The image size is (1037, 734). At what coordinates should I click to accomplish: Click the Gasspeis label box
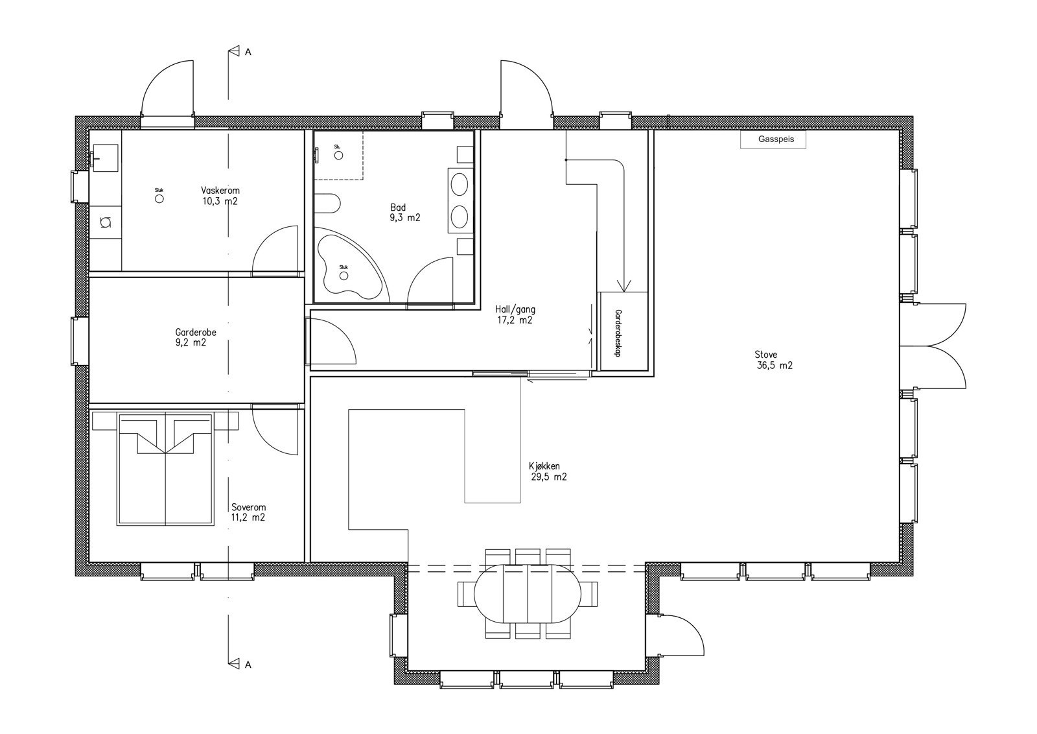coord(773,139)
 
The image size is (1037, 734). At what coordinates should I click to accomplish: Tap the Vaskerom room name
coord(220,191)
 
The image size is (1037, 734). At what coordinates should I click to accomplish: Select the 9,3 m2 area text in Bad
coord(405,218)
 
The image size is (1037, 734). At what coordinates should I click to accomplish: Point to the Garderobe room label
coord(195,333)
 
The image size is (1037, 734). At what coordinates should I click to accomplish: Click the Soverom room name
coord(249,508)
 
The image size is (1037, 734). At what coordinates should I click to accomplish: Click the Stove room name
coord(765,355)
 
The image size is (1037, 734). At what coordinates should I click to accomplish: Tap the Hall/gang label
coord(515,309)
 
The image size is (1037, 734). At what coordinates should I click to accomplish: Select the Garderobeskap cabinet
coord(624,331)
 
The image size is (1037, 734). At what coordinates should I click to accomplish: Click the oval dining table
coord(528,594)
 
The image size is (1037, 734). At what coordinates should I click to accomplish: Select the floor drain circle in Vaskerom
coord(159,198)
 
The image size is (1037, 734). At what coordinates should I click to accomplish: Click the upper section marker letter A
coord(248,53)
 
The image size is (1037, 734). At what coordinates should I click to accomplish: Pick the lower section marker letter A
coord(248,665)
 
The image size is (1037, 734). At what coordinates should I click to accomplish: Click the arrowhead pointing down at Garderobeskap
coord(624,286)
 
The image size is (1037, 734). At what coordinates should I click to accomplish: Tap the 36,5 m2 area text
coord(775,366)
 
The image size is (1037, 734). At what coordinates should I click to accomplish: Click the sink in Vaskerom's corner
coord(106,158)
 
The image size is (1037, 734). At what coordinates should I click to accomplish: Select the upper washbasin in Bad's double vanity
coord(460,184)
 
